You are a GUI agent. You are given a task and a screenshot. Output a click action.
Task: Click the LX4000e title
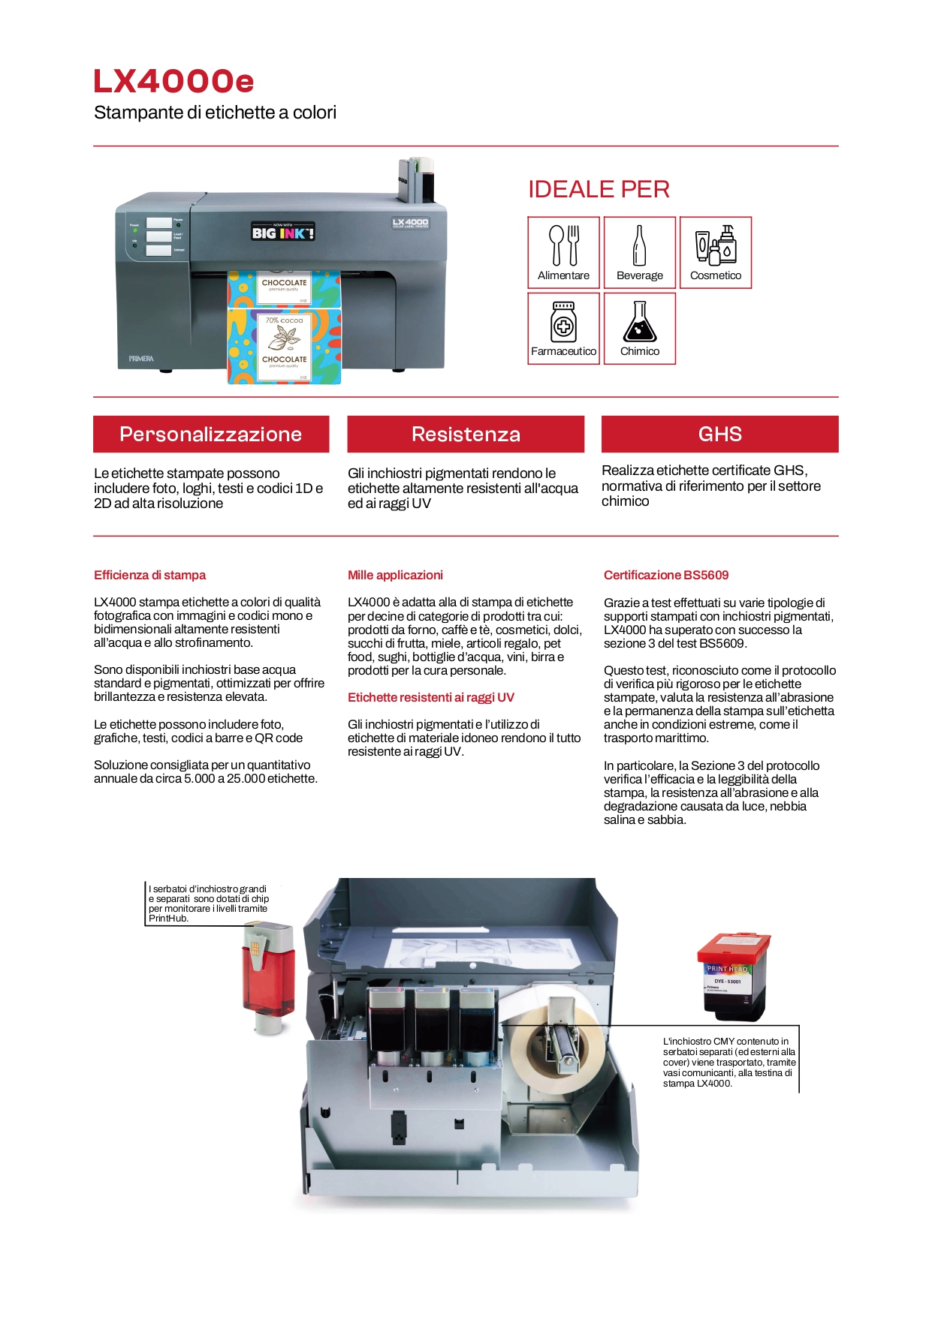pyautogui.click(x=173, y=82)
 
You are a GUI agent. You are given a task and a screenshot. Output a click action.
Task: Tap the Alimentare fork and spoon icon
pyautogui.click(x=563, y=245)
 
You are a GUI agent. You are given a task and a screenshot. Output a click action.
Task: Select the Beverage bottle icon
pyautogui.click(x=639, y=245)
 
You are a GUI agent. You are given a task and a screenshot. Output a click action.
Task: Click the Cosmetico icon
pyautogui.click(x=716, y=244)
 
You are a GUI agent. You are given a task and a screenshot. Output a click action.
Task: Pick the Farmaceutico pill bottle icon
pyautogui.click(x=563, y=321)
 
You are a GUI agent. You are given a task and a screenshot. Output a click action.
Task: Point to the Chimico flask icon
pyautogui.click(x=639, y=322)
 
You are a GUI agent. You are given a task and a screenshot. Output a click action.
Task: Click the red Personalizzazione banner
pyautogui.click(x=211, y=434)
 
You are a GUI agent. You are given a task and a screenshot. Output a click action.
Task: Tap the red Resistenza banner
pyautogui.click(x=466, y=434)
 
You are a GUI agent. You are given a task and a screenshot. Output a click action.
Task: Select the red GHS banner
pyautogui.click(x=719, y=434)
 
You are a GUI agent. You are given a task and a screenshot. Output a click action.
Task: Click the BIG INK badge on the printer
pyautogui.click(x=282, y=232)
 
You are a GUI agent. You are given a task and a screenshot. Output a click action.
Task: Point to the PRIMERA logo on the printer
pyautogui.click(x=141, y=359)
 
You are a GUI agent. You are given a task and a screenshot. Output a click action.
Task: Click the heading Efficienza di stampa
pyautogui.click(x=149, y=576)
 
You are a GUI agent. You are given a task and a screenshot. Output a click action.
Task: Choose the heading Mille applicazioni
pyautogui.click(x=395, y=576)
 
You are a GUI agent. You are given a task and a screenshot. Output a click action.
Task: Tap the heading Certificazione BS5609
pyautogui.click(x=666, y=576)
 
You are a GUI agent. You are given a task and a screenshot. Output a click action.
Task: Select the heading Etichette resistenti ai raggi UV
pyautogui.click(x=431, y=698)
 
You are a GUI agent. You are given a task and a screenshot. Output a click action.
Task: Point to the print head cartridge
pyautogui.click(x=733, y=976)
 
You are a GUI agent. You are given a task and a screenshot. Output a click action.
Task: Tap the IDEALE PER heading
pyautogui.click(x=599, y=189)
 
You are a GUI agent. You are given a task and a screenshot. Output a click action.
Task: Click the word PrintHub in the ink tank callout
pyautogui.click(x=167, y=919)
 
